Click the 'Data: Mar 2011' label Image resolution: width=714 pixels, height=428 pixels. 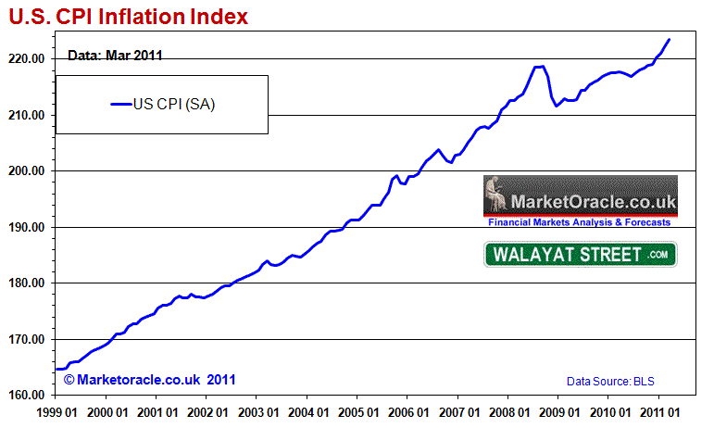[115, 55]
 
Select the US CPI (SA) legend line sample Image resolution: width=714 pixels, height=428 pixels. [121, 104]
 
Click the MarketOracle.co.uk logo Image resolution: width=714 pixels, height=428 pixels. [580, 201]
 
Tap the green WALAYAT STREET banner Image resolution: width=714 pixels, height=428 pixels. [580, 254]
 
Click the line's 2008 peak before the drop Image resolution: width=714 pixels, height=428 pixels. [540, 67]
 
